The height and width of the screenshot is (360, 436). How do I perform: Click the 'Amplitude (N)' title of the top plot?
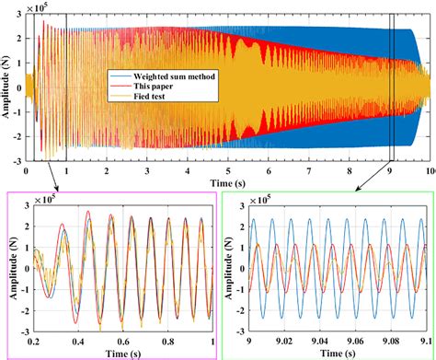(7, 88)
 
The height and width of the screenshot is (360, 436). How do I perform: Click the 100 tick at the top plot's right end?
(428, 172)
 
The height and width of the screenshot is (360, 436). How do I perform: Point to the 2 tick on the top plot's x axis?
(108, 172)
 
